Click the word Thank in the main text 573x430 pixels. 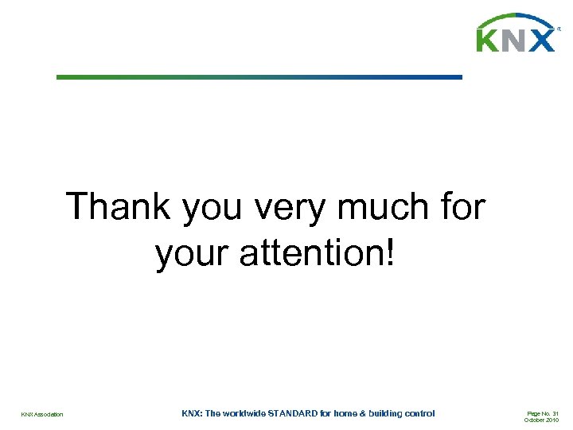coord(119,207)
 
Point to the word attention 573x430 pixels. coord(314,254)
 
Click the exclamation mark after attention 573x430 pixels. coord(389,253)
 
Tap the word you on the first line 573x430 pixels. coord(215,209)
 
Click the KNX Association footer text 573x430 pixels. coord(42,415)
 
